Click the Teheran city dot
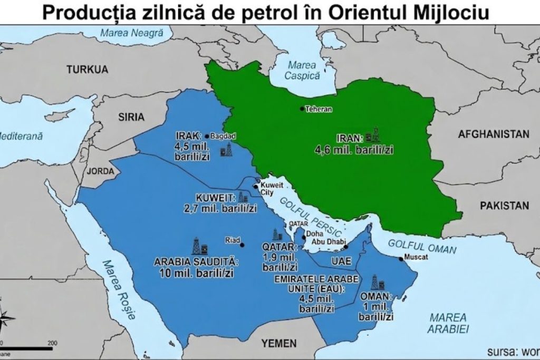[302, 109]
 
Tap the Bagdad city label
[223, 135]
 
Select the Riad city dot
[242, 245]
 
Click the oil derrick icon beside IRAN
[373, 134]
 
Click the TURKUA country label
[87, 69]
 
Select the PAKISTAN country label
[504, 206]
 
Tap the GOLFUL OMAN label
[422, 244]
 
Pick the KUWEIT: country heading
[215, 198]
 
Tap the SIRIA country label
[131, 117]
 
